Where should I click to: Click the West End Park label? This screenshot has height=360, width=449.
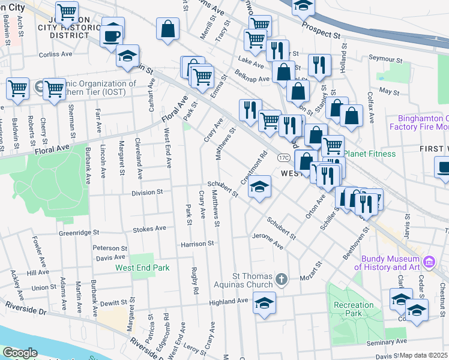click(142, 268)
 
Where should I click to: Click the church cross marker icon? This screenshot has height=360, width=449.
click(283, 279)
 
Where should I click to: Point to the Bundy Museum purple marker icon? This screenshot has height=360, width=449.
click(429, 262)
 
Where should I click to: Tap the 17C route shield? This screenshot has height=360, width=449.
click(284, 157)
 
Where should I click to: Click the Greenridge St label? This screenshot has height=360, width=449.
click(78, 232)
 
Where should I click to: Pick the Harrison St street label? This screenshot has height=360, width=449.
click(198, 244)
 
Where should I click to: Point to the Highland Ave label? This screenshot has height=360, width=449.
click(229, 301)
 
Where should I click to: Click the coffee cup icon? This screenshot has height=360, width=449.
click(112, 35)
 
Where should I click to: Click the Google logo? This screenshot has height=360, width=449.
click(20, 353)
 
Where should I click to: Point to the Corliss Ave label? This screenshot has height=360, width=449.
click(55, 54)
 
